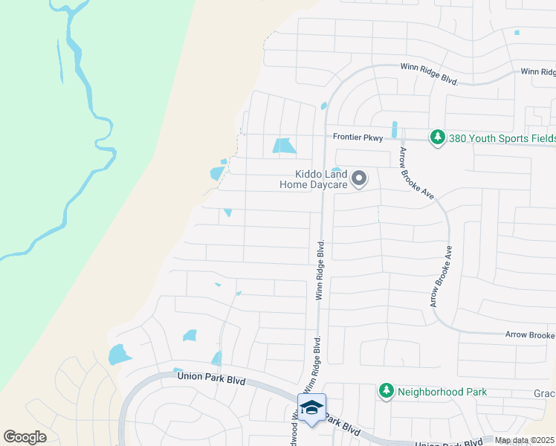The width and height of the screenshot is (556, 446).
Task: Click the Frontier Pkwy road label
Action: tap(358, 137)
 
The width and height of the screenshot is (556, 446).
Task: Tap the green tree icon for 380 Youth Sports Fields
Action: tap(437, 138)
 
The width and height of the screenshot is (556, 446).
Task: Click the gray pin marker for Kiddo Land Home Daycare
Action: tap(360, 178)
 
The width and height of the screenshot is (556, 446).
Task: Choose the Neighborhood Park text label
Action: tap(442, 391)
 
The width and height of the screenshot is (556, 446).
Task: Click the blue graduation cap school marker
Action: tap(311, 407)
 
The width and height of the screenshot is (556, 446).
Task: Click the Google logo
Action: tap(25, 437)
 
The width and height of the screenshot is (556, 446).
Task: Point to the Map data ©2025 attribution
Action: tap(523, 440)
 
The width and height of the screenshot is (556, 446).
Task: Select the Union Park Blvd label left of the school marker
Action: tap(211, 377)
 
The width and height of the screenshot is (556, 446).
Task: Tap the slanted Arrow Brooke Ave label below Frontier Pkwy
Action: tap(416, 172)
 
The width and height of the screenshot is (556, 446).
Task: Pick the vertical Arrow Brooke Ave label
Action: tap(442, 277)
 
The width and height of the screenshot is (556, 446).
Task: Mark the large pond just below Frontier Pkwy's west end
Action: tap(283, 146)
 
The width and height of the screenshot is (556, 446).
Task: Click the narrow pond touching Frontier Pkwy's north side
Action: tap(394, 129)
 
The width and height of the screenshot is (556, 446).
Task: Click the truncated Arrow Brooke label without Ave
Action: tap(530, 335)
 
